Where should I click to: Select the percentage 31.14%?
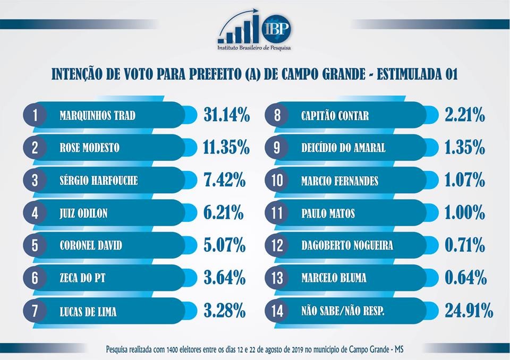click(226, 115)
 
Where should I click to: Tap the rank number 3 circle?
click(35, 181)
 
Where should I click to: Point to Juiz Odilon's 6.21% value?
click(223, 213)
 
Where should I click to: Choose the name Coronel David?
click(91, 246)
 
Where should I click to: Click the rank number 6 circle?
click(35, 278)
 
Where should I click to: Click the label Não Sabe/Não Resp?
click(343, 311)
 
